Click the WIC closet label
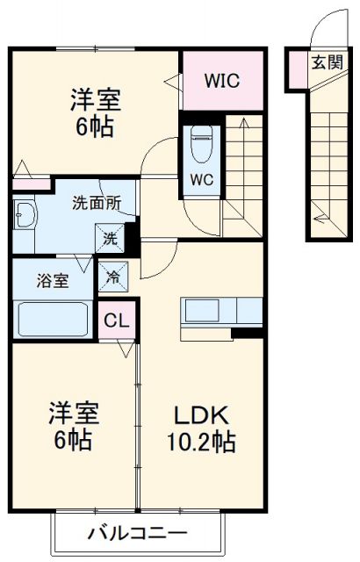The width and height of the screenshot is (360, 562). [x=223, y=81]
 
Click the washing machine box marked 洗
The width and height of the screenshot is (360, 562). [x=112, y=237]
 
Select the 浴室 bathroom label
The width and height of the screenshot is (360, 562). [x=51, y=281]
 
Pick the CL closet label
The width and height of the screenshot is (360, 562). [x=116, y=321]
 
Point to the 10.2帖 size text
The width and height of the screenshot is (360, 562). [x=202, y=441]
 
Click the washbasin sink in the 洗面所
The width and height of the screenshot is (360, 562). [x=25, y=214]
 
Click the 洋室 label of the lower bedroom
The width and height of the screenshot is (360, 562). [x=72, y=411]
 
